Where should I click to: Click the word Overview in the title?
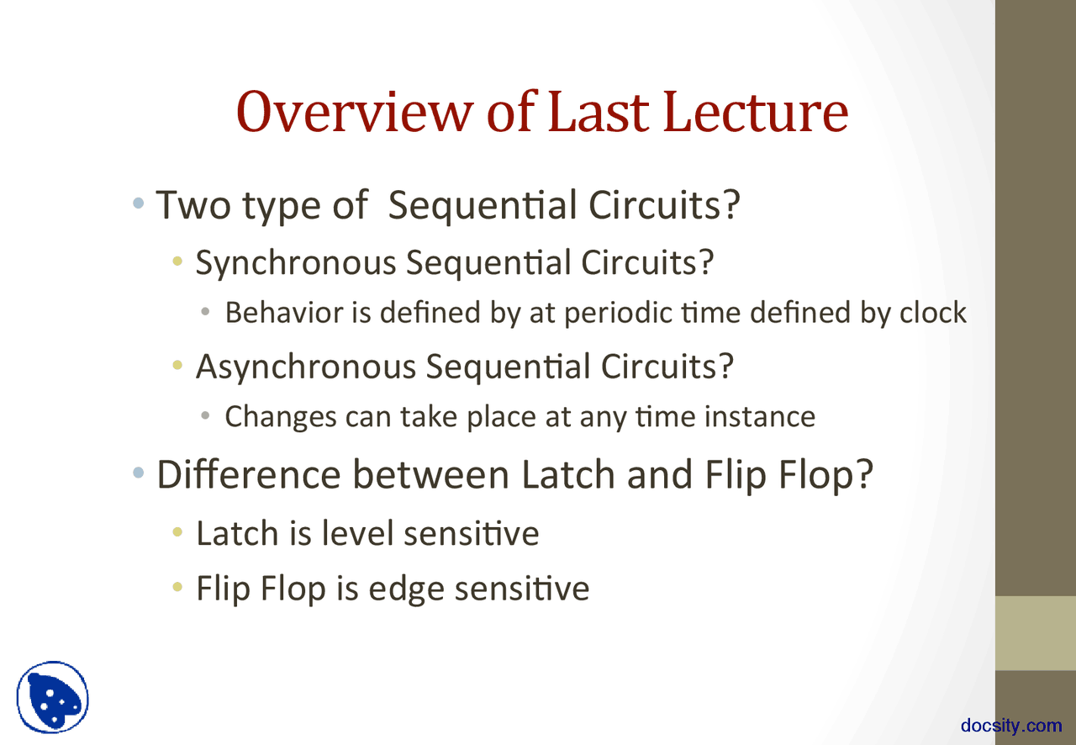[x=355, y=112]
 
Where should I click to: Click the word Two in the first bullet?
[x=193, y=205]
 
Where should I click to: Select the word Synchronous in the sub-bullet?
[x=296, y=263]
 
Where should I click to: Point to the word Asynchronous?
[x=306, y=367]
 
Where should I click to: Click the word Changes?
[x=281, y=417]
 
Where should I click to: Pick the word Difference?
[x=249, y=475]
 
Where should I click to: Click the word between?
[x=431, y=475]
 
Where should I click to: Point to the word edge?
[x=406, y=589]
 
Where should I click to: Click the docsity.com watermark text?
[x=1011, y=726]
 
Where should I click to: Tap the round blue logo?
[x=52, y=697]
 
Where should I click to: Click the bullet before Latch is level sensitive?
[x=177, y=531]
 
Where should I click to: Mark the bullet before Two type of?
[x=139, y=203]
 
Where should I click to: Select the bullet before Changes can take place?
[x=205, y=415]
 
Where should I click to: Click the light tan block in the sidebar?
[x=1035, y=633]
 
